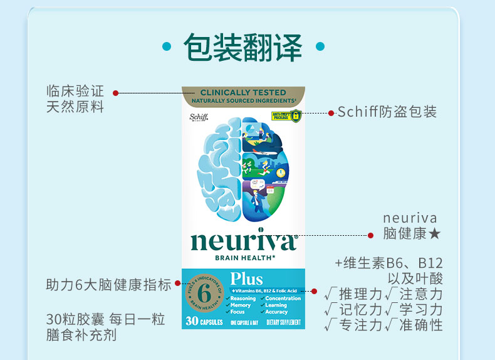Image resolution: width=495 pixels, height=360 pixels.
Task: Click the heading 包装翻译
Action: point(242,48)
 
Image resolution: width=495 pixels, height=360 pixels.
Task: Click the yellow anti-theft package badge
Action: point(286,116)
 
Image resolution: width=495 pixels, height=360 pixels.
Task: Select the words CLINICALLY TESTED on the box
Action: point(243,92)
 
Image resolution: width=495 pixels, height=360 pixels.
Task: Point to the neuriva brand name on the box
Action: point(243,241)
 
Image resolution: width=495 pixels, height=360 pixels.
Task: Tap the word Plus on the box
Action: point(246,278)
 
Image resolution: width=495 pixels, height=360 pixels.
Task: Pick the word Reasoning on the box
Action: point(243,299)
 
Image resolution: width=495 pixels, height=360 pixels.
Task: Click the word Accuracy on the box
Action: point(276,312)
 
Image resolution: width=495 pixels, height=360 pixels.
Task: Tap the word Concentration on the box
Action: point(283,299)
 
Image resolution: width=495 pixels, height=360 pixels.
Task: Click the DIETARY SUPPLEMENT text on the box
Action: point(284,322)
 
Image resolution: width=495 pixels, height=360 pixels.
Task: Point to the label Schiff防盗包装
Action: point(387,112)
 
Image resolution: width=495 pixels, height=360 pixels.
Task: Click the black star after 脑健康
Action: point(435,233)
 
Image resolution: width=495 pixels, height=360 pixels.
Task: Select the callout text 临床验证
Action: point(75,91)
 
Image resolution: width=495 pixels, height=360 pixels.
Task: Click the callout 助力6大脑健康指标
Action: point(108,285)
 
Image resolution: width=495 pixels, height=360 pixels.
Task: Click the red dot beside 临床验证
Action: point(115,93)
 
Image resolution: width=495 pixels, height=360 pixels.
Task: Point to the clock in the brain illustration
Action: point(281,172)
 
